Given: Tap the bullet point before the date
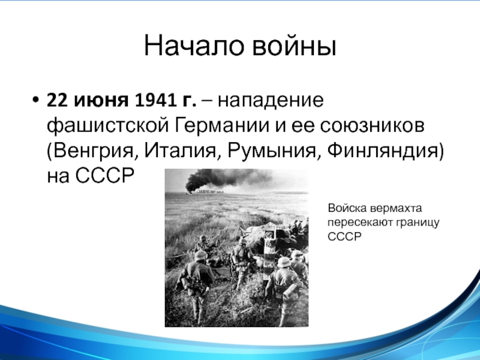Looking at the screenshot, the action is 36,100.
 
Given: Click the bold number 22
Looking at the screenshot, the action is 57,100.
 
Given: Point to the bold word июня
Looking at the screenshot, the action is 101,101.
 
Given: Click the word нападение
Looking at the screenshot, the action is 271,101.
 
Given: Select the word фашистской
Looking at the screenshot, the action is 108,126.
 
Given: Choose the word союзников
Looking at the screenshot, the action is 372,126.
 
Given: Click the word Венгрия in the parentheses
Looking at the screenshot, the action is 92,151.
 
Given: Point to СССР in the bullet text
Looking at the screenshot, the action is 104,175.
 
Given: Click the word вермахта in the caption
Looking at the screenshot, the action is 396,208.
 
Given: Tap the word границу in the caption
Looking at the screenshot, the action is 418,223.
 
